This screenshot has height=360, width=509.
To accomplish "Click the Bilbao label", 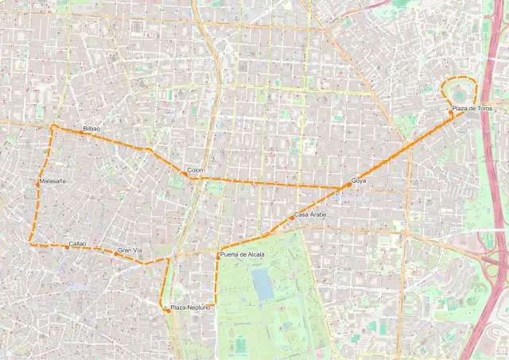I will [91, 128].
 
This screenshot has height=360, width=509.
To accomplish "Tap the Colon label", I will [196, 170].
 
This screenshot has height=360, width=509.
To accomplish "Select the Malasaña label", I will [52, 181].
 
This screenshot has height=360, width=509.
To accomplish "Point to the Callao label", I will [77, 242].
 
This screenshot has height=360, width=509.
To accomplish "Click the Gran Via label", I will [130, 250].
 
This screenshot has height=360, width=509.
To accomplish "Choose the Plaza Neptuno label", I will [191, 307].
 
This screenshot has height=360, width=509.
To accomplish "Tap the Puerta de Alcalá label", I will [242, 254].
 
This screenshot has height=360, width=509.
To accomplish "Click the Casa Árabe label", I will [310, 215].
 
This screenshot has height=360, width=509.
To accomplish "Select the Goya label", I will [359, 181].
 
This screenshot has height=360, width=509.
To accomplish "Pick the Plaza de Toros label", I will [472, 108].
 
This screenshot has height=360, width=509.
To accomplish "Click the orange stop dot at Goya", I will [342, 188].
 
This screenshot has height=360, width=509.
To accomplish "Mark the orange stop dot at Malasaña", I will [37, 182].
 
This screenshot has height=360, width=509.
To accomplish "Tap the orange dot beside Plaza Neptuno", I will [168, 311].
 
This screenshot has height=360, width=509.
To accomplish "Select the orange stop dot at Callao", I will [67, 247].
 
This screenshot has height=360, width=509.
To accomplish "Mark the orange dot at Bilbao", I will [80, 132].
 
